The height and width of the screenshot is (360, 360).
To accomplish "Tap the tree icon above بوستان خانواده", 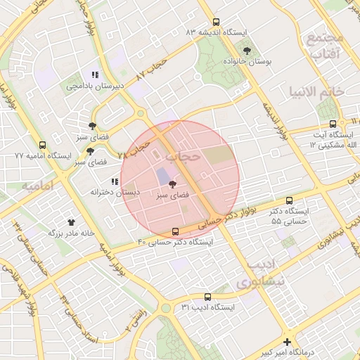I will pos(247,50).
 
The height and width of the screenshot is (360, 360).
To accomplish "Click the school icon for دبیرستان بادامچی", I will pos(95,75).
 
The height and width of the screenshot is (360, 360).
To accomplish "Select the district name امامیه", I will pos(38,187).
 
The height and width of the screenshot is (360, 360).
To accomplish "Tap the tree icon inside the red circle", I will pos(173,184).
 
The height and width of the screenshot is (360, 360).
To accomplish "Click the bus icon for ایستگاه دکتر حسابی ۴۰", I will pos(175,231).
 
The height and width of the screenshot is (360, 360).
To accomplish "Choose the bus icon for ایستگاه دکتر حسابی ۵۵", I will pos(290,200).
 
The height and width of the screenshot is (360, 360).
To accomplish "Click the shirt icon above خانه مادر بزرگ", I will pos(70,221).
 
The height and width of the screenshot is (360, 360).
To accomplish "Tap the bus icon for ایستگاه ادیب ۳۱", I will pos(207,297).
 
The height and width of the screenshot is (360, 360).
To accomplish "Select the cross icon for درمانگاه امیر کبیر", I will pos(287,341).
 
